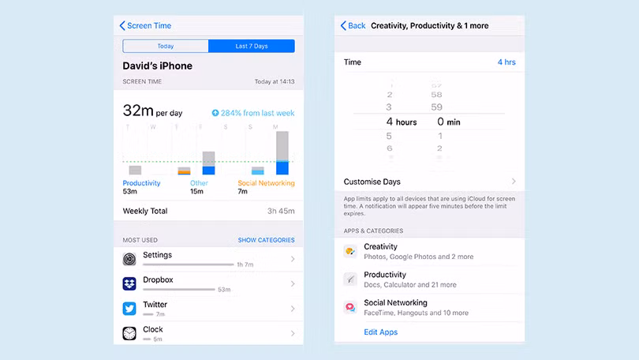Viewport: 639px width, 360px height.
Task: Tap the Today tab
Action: click(x=165, y=47)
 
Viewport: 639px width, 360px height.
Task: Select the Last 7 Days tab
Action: click(x=252, y=47)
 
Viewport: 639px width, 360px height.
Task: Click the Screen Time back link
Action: click(x=146, y=26)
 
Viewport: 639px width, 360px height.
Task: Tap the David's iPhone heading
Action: click(x=158, y=66)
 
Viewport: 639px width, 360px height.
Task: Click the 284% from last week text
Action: click(x=253, y=114)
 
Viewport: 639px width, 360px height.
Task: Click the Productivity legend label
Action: click(x=142, y=183)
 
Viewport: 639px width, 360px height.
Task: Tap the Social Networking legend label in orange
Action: click(x=266, y=183)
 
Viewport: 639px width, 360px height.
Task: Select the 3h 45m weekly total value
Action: click(x=280, y=212)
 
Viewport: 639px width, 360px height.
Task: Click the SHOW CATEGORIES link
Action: click(x=266, y=240)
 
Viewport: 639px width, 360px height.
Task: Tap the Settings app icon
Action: click(x=129, y=259)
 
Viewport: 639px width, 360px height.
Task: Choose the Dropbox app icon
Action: click(x=129, y=283)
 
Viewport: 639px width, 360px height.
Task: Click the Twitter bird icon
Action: click(x=129, y=309)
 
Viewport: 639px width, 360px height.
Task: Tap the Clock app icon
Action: click(x=129, y=333)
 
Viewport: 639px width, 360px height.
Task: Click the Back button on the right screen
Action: click(x=353, y=26)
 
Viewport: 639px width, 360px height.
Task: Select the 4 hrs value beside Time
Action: click(x=506, y=62)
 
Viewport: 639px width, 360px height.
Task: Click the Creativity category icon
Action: click(x=350, y=252)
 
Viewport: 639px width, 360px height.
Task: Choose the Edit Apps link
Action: click(x=380, y=332)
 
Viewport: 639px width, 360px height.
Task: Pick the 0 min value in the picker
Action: click(x=449, y=122)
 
